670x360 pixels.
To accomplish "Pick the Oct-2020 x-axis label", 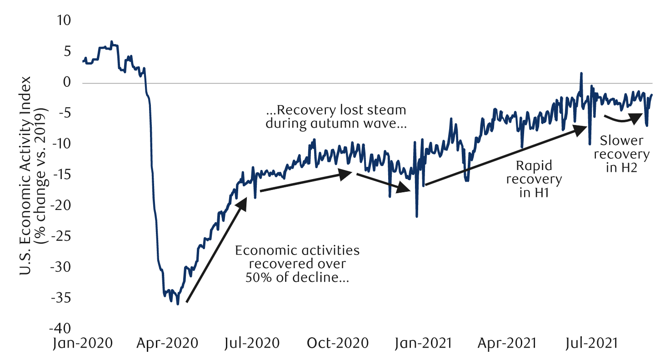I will [337, 343].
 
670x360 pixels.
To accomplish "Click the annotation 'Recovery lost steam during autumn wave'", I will [336, 117].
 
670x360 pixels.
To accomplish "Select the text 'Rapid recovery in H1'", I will [534, 179].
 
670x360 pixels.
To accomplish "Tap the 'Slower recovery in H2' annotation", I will [621, 154].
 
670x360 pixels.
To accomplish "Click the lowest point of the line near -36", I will [178, 304].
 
